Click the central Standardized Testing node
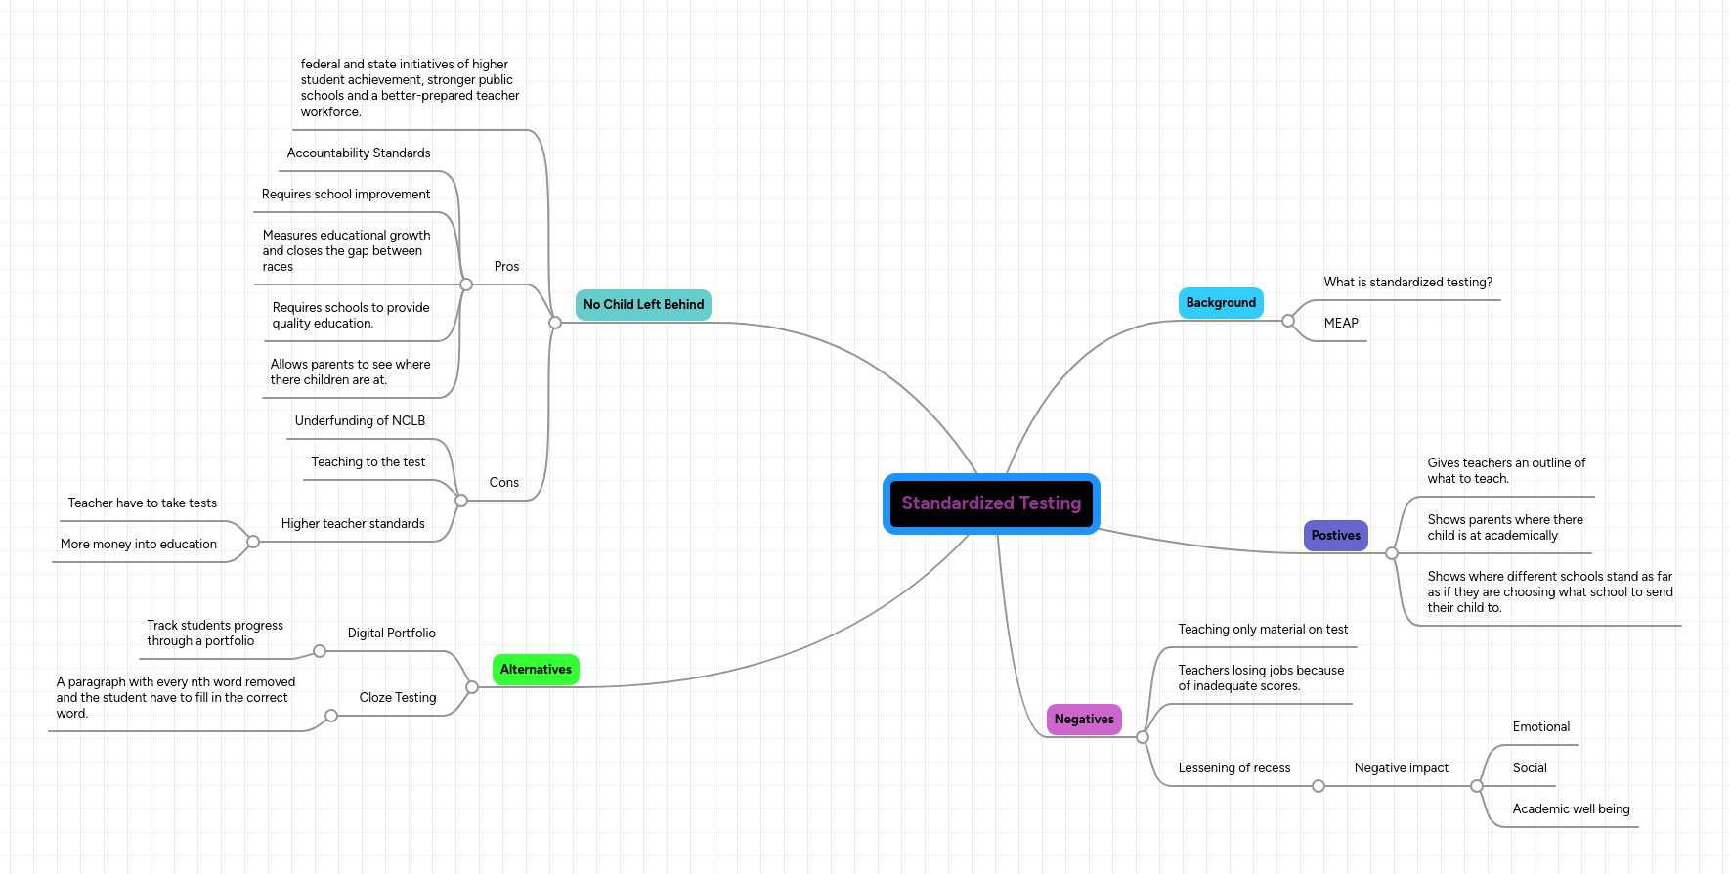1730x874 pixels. tap(991, 503)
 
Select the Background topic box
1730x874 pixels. tap(1221, 303)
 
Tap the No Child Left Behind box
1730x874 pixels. tap(643, 305)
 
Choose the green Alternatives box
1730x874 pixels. tap(536, 670)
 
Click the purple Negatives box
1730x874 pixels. tap(1084, 720)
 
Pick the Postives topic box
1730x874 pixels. tap(1335, 536)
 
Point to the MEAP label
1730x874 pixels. tap(1341, 324)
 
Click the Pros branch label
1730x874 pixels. tap(506, 267)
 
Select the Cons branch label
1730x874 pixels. tap(503, 483)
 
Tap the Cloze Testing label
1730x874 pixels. tap(398, 698)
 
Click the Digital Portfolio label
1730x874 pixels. tap(392, 634)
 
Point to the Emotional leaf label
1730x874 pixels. tap(1540, 727)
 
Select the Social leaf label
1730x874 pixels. tap(1530, 768)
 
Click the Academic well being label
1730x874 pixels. tap(1571, 809)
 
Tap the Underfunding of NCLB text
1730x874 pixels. tap(360, 421)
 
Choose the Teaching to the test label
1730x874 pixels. tap(368, 462)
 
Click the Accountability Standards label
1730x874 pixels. tap(359, 153)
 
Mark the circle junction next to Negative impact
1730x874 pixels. tap(1476, 786)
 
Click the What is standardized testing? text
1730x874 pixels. tap(1407, 283)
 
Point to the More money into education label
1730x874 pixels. tap(139, 545)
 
